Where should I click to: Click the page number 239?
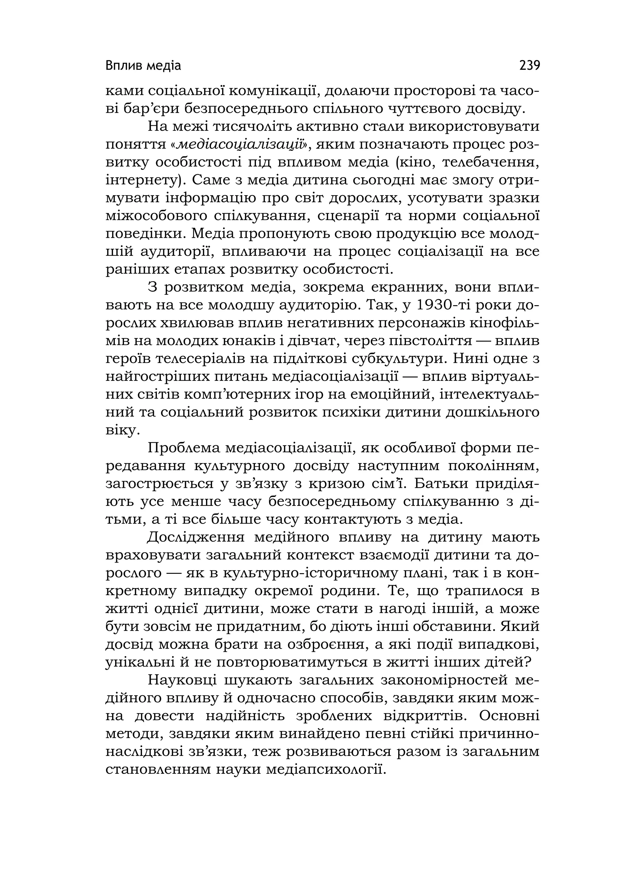(530, 66)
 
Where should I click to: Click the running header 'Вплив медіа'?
(143, 66)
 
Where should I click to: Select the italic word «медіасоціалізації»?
(240, 145)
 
